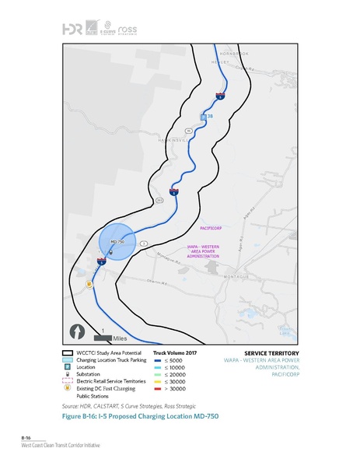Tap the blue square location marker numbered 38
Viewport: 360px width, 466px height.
click(204, 117)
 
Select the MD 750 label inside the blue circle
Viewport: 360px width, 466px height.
click(118, 243)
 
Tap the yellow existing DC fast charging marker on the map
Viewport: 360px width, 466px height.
click(89, 284)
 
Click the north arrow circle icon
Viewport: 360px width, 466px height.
click(78, 330)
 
